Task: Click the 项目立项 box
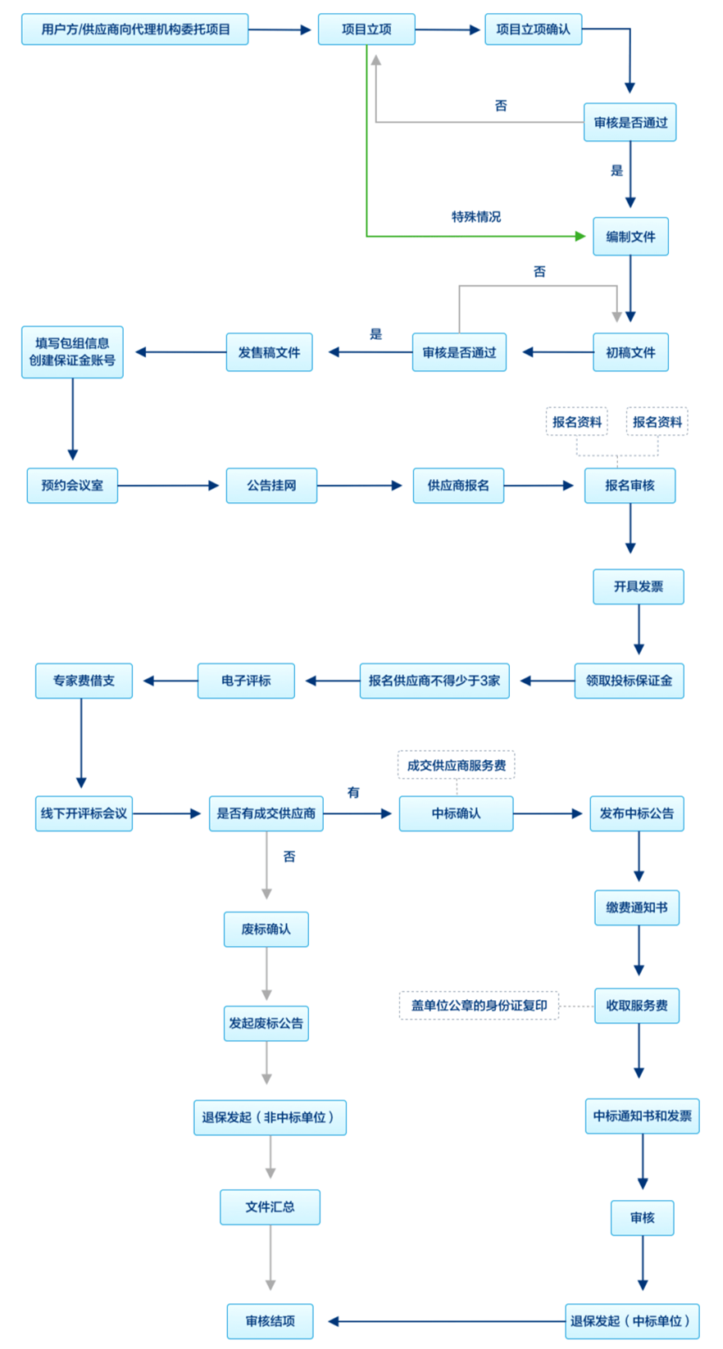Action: (x=366, y=29)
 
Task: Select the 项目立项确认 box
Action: (x=533, y=29)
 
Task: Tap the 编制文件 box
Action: (x=630, y=237)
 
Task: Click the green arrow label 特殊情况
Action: (x=475, y=217)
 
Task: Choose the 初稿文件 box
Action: (x=630, y=352)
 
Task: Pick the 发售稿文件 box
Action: (x=269, y=352)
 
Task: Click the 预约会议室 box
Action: (x=72, y=486)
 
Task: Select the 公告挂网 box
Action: (x=271, y=486)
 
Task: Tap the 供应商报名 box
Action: (x=458, y=486)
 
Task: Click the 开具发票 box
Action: (x=639, y=586)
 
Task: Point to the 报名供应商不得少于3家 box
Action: (x=434, y=681)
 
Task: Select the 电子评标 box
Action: (x=246, y=681)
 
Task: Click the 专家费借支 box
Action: (x=84, y=681)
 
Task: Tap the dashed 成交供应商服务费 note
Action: (x=457, y=765)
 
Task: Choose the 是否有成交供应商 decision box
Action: (x=266, y=813)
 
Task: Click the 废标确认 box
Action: (x=266, y=929)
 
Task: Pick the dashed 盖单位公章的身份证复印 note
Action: (x=479, y=1005)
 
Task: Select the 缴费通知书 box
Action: (x=637, y=908)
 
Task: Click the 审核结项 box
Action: (x=270, y=1321)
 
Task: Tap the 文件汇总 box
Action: (x=270, y=1207)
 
